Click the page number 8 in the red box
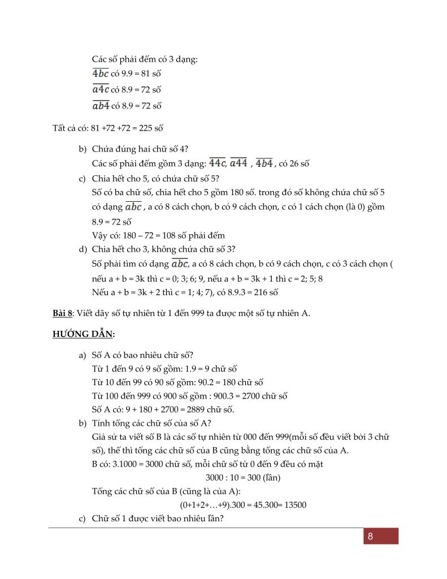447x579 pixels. (370, 537)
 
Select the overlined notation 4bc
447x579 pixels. (101, 74)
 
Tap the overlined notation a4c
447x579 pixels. (101, 89)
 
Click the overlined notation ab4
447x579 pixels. (101, 105)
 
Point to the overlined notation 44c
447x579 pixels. (217, 163)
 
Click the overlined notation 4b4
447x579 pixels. (264, 163)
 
